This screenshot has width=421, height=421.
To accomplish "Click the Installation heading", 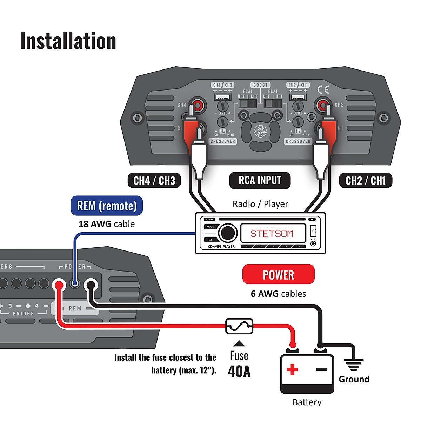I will (x=68, y=41).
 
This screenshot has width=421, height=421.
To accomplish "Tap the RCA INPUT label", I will (x=260, y=180).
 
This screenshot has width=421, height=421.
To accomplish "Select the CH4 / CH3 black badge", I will (x=154, y=181).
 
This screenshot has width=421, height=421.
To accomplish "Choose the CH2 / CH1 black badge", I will (x=366, y=181).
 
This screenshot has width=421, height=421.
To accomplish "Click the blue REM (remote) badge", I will (x=107, y=206).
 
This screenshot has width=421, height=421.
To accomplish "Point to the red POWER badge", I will (x=278, y=274).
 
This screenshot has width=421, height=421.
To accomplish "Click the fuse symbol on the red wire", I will (x=239, y=327).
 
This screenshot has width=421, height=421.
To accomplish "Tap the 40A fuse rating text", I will (x=239, y=371).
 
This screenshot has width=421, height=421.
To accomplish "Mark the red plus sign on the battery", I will (x=292, y=369).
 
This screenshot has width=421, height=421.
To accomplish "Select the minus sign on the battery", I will (x=321, y=369).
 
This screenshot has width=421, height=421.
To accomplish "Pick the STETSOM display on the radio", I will (x=272, y=233).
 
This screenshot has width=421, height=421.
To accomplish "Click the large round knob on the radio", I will (x=227, y=233).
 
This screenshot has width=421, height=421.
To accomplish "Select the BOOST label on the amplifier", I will (x=260, y=85).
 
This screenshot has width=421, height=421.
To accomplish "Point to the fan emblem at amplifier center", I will (x=260, y=132).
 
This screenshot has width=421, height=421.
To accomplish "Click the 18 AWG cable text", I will (x=106, y=224).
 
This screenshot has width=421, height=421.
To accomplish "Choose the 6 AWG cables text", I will (x=278, y=294).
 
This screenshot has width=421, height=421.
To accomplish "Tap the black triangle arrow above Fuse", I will (x=239, y=343).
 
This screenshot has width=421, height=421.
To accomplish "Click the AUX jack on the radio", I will (x=313, y=243).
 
